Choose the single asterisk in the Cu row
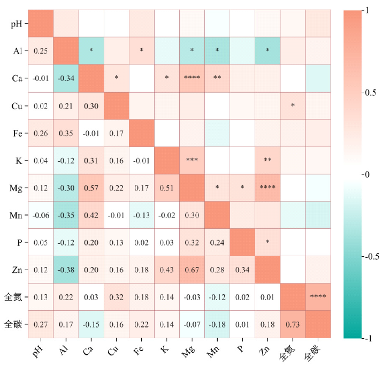(x=292, y=105)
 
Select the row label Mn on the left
(x=15, y=215)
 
